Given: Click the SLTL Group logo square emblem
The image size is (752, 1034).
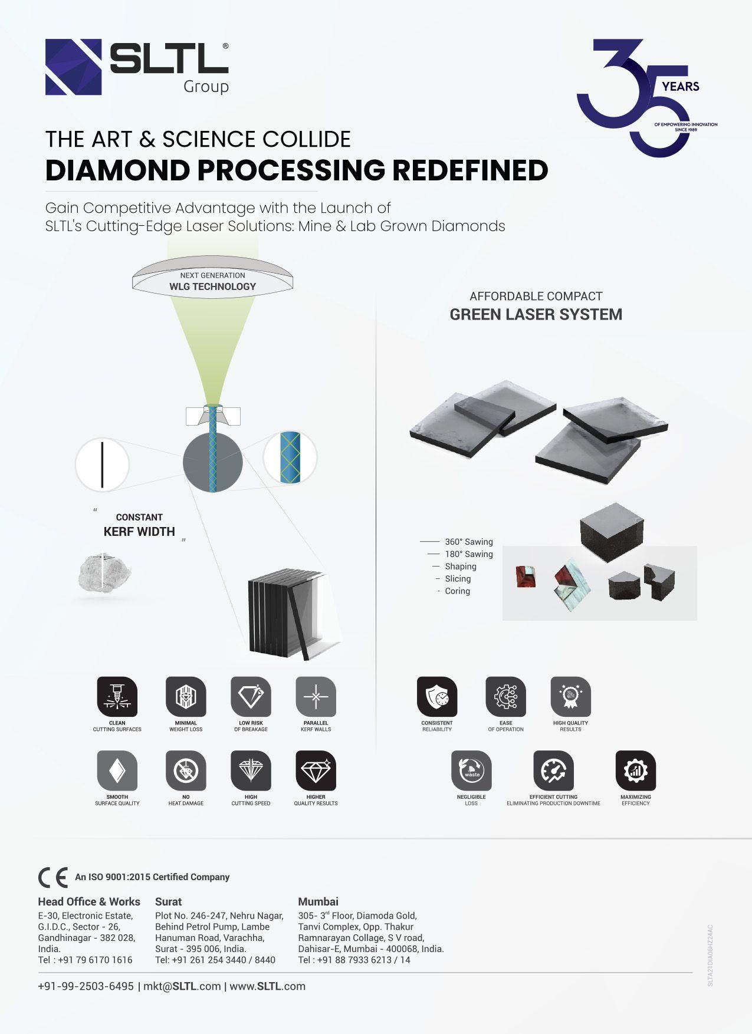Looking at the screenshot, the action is (74, 67).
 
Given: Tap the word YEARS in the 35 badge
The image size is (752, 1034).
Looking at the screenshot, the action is (680, 87).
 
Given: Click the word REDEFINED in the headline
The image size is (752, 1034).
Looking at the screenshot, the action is (470, 170).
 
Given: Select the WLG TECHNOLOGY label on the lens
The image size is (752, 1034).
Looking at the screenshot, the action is (212, 287).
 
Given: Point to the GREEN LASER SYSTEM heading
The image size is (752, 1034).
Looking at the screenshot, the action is (536, 314).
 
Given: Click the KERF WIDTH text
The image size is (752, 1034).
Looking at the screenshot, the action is (139, 532).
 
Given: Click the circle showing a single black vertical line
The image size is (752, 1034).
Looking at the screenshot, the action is (102, 465).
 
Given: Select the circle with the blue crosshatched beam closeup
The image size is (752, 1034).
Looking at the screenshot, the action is (290, 457).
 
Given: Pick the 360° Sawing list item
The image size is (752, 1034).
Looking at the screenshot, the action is (468, 542).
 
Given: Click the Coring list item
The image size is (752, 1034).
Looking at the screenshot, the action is (457, 591).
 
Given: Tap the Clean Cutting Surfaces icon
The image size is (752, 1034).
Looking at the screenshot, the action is (117, 696).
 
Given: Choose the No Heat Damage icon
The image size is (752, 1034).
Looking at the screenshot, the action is (186, 770).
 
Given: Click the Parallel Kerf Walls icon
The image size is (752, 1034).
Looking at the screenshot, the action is (316, 696).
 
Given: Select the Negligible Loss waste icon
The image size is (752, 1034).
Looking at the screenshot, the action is (471, 770).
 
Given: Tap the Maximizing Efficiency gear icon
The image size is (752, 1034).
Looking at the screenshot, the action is (635, 770).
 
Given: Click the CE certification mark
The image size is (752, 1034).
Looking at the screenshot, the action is (52, 877).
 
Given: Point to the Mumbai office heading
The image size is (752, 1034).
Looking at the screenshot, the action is (318, 901).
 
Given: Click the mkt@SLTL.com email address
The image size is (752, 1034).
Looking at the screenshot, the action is (182, 986).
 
